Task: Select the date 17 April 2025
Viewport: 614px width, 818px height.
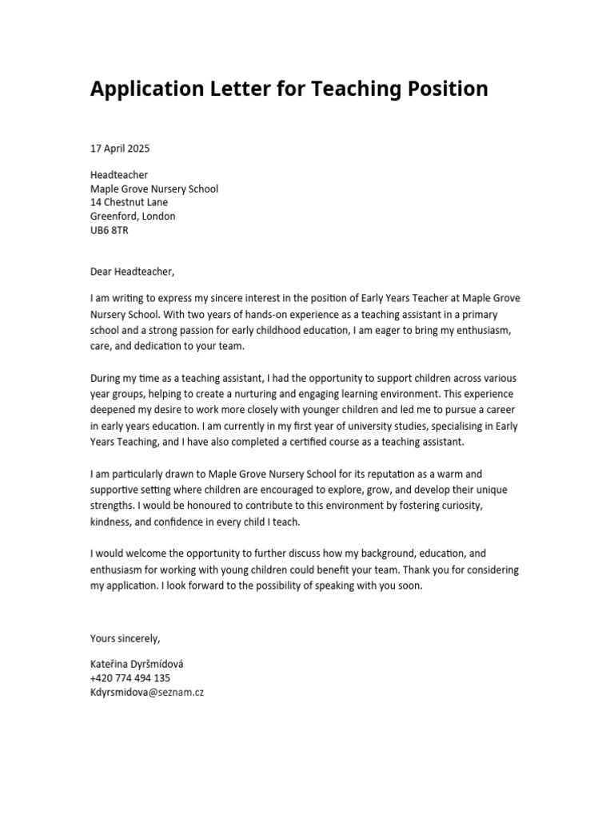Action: point(120,149)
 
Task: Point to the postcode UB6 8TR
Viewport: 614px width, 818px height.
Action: point(109,230)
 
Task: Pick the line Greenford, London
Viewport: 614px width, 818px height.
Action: point(133,216)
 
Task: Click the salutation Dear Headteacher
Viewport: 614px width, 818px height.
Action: point(132,271)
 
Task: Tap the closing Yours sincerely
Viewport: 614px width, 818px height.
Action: point(126,638)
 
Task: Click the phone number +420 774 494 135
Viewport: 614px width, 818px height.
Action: point(130,678)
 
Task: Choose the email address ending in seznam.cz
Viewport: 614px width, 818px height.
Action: point(147,692)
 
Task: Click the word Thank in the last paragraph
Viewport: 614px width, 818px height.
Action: point(418,570)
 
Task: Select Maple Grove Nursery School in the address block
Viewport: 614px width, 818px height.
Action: point(154,189)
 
